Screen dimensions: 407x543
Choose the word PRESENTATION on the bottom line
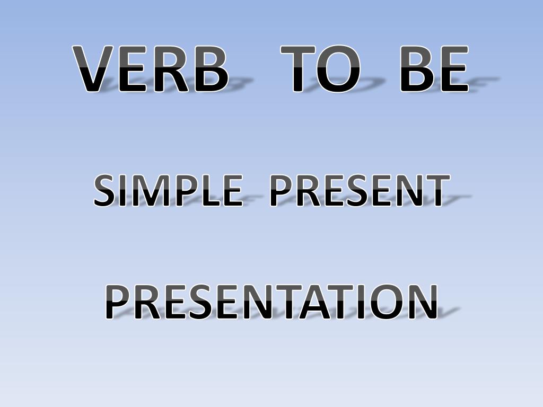(x=271, y=302)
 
